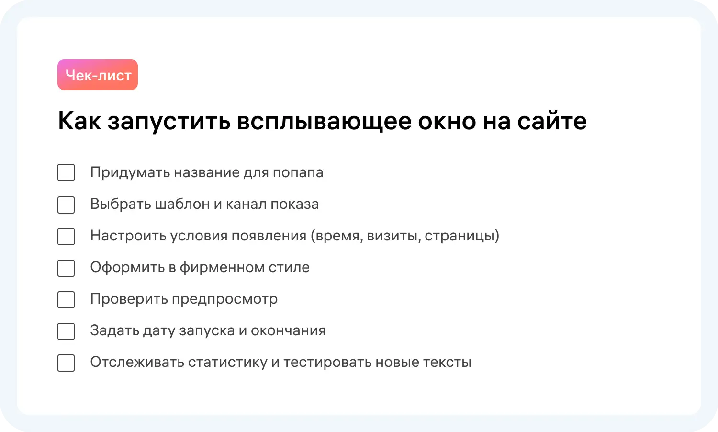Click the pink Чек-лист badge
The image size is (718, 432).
(98, 75)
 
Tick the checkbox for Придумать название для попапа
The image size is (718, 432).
(66, 172)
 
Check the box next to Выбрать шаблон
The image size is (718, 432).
(66, 205)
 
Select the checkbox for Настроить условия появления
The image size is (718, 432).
(66, 237)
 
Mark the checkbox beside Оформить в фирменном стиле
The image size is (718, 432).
(66, 268)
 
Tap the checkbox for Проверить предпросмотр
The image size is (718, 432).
(66, 299)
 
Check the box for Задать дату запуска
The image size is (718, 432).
(66, 331)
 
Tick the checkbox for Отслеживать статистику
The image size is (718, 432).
(66, 363)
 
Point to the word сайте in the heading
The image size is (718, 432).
(552, 121)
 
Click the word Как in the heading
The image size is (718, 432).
(79, 120)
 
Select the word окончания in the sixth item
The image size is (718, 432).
(288, 331)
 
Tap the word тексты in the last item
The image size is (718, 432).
(447, 363)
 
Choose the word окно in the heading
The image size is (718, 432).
(447, 121)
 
